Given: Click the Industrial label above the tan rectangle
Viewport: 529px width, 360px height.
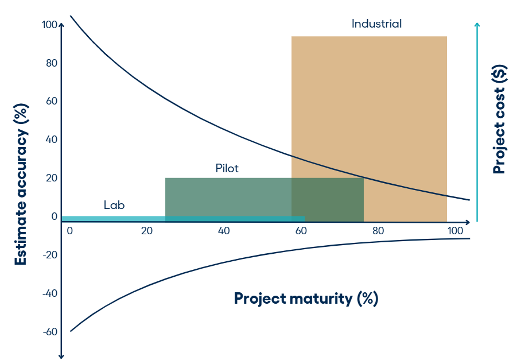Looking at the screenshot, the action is pos(376,24).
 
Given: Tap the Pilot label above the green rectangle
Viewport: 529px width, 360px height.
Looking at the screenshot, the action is pos(227,168).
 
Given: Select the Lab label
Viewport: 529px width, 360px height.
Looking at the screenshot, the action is pos(114,205).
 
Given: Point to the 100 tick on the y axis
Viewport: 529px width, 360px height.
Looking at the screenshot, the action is pos(49,25).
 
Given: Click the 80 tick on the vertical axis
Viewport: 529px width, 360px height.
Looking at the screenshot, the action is pos(52,63).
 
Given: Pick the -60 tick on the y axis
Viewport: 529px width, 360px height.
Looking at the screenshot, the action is pos(50,332).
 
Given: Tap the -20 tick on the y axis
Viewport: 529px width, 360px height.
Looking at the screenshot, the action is pos(50,255).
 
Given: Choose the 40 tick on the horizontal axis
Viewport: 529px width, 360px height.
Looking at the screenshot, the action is pos(224,231).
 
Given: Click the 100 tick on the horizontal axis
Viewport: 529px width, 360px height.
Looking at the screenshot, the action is pos(455,231).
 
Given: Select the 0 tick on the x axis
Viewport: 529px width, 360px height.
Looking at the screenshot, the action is pos(70,231).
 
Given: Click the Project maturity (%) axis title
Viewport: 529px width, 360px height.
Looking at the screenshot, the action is pos(306,299).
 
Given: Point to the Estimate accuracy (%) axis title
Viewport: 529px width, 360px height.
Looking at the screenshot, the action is pos(21,184).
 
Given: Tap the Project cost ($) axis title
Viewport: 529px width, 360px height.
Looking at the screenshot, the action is pos(500,119).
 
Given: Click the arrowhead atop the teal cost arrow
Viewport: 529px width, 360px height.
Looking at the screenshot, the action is pos(477,25).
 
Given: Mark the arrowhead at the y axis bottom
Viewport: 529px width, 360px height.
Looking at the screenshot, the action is pos(61,356).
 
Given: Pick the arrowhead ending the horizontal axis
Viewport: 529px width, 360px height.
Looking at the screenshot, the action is pos(467,222).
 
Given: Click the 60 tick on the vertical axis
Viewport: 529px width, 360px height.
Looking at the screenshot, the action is pos(52,101).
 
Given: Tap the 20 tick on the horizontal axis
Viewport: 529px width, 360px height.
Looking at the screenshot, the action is pos(147,231).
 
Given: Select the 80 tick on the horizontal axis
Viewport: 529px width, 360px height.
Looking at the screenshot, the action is pos(378,231).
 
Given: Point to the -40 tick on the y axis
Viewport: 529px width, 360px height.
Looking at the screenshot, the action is pos(50,293).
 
